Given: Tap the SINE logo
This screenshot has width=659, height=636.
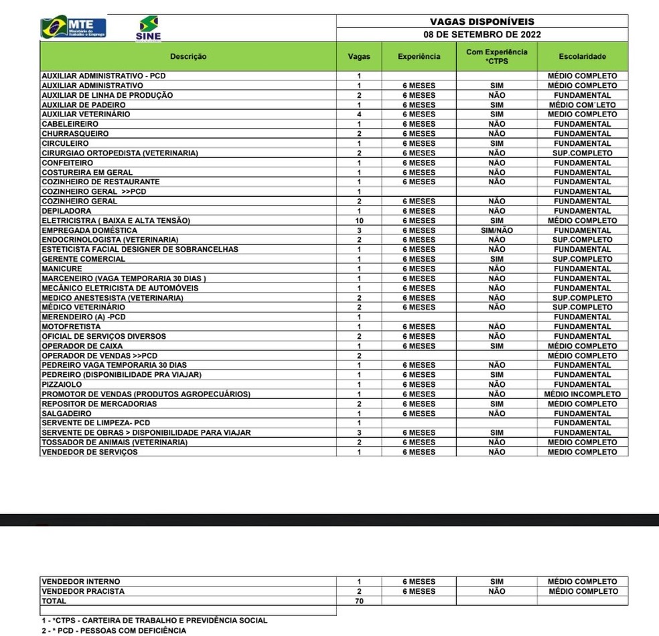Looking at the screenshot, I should (x=148, y=29).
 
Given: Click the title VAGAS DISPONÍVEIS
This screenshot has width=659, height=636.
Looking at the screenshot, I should (x=482, y=21).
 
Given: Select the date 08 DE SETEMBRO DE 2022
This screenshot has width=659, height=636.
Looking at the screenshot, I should (x=482, y=35).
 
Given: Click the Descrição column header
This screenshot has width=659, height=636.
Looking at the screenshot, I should (x=188, y=57).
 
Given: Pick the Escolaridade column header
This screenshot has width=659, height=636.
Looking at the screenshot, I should (x=582, y=57).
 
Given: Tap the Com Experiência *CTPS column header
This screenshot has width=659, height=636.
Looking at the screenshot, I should (x=496, y=56).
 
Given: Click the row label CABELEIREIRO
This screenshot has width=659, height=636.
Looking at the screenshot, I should (x=70, y=124).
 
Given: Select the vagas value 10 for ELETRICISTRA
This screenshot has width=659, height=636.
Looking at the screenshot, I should (x=359, y=220).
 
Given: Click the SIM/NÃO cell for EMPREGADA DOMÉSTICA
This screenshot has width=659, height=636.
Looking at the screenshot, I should (x=496, y=230).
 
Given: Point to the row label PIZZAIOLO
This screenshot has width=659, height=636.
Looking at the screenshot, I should (x=62, y=384).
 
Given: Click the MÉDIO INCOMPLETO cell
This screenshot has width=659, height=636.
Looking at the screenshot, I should (x=582, y=394).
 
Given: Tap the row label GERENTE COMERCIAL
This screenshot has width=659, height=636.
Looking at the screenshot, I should (x=83, y=259).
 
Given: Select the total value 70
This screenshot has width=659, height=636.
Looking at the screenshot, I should (x=359, y=601).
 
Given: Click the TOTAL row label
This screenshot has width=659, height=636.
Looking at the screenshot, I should (x=54, y=601).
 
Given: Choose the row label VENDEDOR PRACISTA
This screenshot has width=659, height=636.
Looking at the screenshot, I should (x=83, y=591).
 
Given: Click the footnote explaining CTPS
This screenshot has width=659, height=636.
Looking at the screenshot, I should (x=154, y=621).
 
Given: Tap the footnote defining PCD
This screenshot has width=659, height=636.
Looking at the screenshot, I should (x=114, y=631).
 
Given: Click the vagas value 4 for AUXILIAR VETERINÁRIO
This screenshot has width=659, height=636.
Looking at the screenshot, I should (x=359, y=114).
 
